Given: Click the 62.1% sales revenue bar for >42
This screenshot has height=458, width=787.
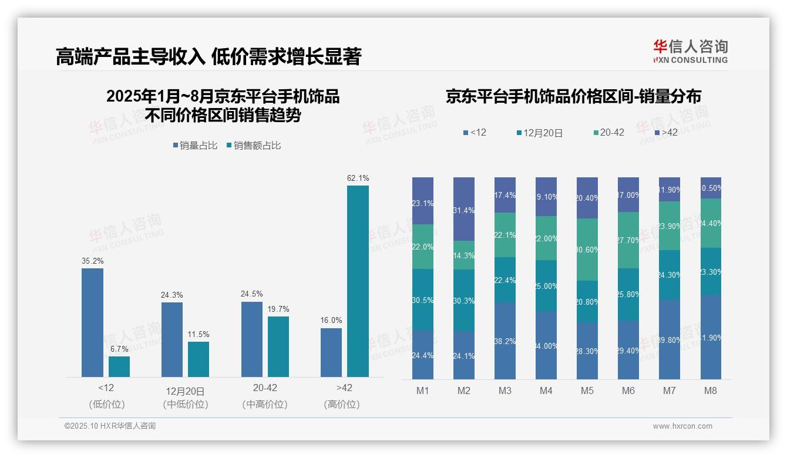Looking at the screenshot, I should click(358, 281).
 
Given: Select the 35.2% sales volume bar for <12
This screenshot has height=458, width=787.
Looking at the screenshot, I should click(92, 322).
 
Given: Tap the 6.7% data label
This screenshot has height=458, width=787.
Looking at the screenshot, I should click(119, 349).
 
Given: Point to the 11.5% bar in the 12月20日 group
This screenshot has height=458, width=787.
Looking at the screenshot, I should click(199, 359).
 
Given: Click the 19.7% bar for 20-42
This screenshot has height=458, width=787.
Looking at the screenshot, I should click(278, 346).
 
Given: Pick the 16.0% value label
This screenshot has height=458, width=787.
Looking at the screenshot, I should click(331, 321).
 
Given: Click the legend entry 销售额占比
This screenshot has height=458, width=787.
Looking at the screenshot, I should click(253, 146).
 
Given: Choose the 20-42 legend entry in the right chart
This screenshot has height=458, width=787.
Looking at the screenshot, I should click(608, 133).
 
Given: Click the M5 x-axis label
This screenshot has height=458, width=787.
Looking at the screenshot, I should click(587, 391).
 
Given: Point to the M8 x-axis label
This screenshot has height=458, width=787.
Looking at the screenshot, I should click(711, 391).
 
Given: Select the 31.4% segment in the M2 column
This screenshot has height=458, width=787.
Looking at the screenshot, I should click(464, 209).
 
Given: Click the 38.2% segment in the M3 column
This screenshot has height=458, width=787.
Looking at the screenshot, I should click(505, 341).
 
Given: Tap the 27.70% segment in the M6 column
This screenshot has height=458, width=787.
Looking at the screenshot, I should click(628, 240).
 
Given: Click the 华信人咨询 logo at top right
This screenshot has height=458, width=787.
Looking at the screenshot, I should click(690, 51).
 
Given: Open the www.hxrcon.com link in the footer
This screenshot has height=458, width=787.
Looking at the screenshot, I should click(682, 426).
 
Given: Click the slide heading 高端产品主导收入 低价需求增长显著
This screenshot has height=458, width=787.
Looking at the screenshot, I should click(208, 57).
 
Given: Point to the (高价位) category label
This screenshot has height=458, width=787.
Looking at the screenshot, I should click(341, 405).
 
